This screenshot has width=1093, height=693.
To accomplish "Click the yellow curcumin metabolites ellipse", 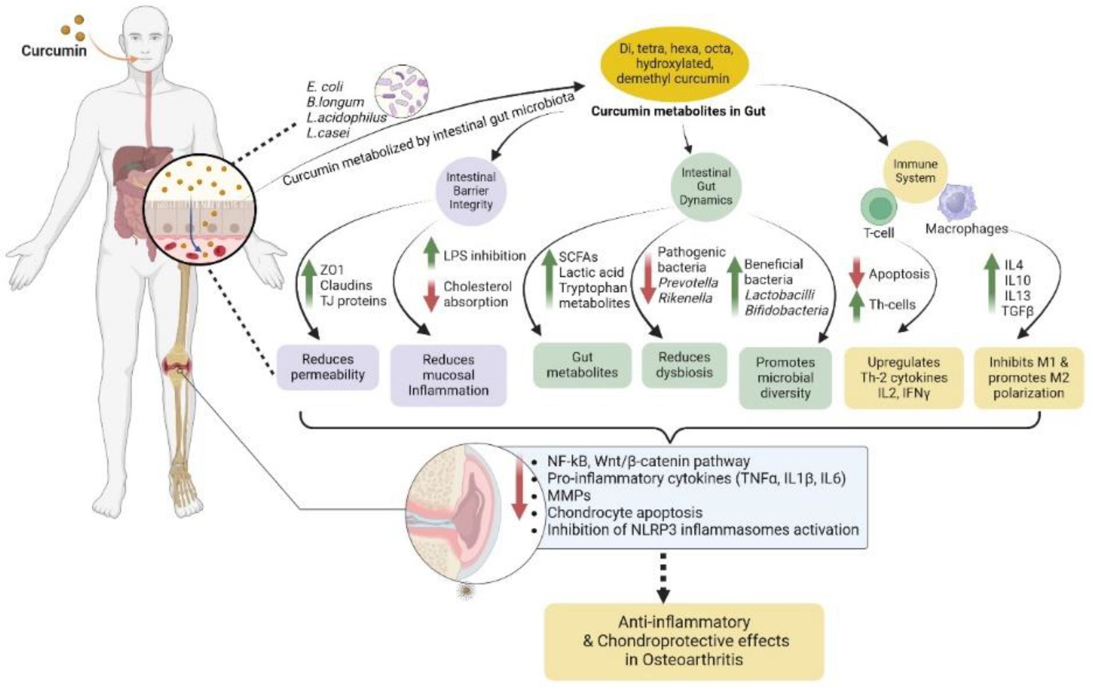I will tap(674, 63).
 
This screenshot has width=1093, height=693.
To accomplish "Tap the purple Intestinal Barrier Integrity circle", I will tap(471, 191).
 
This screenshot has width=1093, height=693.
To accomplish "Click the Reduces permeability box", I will tap(328, 367).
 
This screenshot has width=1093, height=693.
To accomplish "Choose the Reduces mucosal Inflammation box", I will tap(448, 375).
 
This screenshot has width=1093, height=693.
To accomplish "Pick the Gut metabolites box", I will tap(582, 365).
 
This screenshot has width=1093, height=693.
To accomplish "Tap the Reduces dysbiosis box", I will tap(684, 365).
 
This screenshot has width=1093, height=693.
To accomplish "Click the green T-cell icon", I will tap(879, 206).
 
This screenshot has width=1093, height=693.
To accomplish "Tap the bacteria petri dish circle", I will tap(401, 91).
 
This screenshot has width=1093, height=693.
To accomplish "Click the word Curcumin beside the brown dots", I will tap(54, 51).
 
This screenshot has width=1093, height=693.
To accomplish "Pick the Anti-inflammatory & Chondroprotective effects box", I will tap(684, 641).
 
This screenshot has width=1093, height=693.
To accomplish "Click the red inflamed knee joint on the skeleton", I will tap(177, 366).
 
